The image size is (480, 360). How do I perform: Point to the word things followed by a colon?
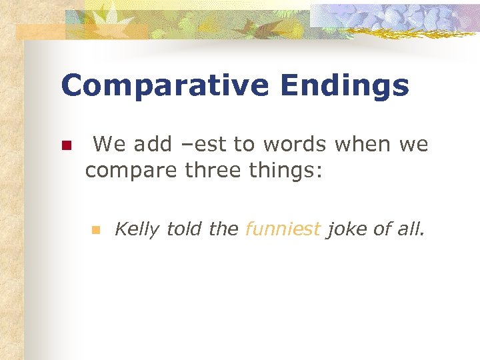[287, 171]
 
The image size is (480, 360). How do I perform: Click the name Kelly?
[137, 230]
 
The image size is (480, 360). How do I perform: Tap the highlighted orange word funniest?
[283, 229]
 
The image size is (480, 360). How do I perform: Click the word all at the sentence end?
[412, 229]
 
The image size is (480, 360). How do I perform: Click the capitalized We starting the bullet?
[109, 144]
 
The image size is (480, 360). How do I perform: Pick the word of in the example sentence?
[382, 229]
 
